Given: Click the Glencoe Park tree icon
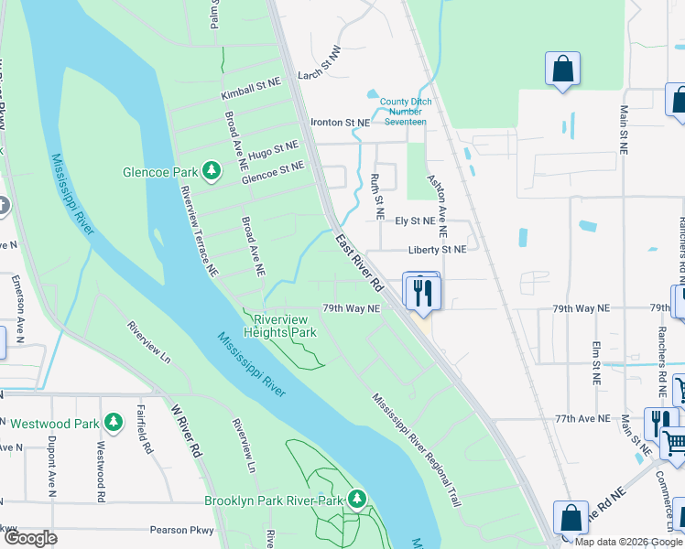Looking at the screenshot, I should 212,171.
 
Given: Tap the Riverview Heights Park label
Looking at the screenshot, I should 280,326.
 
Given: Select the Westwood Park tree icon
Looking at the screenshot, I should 113,423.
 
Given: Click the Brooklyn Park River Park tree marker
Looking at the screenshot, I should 356,500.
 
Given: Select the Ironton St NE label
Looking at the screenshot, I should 340,122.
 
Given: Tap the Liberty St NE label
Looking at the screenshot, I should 437,249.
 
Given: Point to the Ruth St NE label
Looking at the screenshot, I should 376,197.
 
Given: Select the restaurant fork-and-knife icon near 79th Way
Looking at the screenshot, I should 422,292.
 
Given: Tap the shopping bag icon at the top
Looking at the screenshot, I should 562,70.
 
